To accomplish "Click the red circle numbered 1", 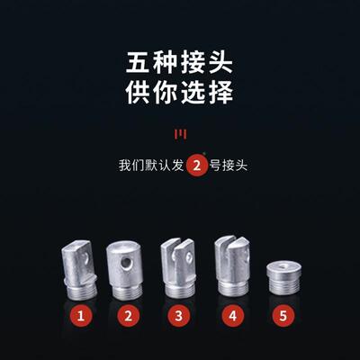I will (x=82, y=316).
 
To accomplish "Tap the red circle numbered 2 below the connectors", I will (x=129, y=316).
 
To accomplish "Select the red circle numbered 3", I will (x=179, y=316).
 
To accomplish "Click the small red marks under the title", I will (x=180, y=134).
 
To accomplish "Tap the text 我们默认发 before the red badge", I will (x=149, y=167).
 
